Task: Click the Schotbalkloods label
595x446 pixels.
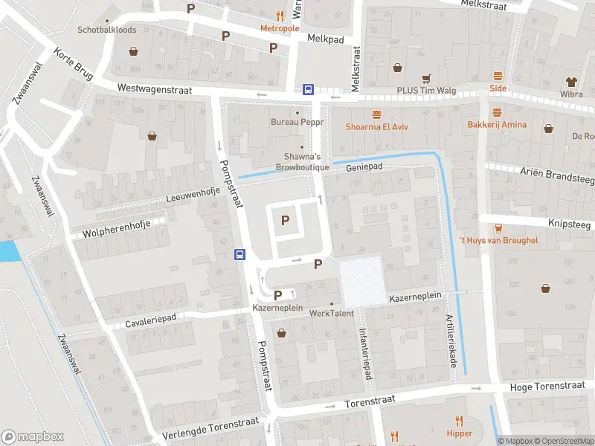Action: click(x=107, y=30)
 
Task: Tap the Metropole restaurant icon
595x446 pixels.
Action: click(x=280, y=15)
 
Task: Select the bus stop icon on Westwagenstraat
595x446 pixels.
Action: click(x=308, y=89)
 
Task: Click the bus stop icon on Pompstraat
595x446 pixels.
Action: click(x=240, y=254)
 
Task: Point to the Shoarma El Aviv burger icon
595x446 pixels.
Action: click(x=378, y=114)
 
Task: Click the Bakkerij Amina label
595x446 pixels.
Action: click(x=497, y=125)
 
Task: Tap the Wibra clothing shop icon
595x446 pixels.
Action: click(x=571, y=81)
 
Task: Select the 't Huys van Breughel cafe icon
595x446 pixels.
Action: click(x=498, y=228)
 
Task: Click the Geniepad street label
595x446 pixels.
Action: click(x=364, y=167)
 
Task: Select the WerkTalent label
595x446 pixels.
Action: click(x=331, y=314)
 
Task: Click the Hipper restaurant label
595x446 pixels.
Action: click(x=460, y=433)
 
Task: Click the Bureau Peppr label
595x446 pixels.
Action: click(x=297, y=122)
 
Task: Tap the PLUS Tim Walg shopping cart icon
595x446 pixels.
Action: click(x=426, y=78)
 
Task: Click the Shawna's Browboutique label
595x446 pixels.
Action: click(x=302, y=162)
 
